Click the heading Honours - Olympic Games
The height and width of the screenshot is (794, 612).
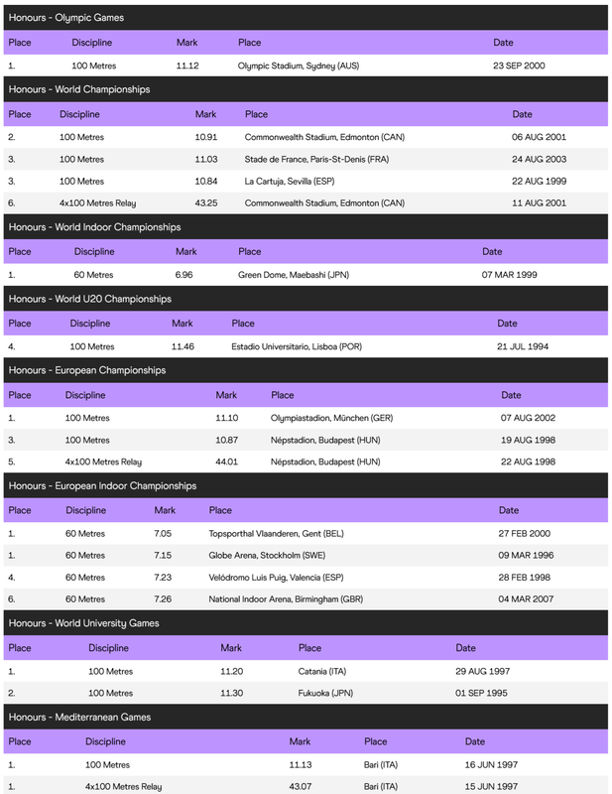66,18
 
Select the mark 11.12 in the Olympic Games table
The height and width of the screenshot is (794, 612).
187,66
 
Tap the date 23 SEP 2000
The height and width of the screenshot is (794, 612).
519,66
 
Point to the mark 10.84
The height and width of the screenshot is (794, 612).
206,181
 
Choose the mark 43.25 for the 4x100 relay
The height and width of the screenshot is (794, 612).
206,202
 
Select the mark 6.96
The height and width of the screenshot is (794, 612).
184,275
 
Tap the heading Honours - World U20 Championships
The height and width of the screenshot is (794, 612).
90,299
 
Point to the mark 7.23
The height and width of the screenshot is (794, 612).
163,577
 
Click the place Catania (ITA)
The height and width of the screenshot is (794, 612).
320,671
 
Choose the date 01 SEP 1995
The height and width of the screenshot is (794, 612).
482,693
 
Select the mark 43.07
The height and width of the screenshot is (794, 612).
300,786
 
